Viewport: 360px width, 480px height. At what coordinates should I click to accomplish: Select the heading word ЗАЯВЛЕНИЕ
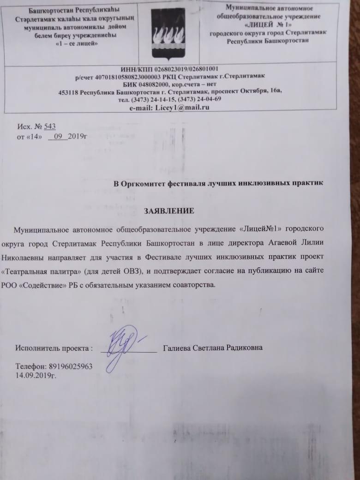click(175, 211)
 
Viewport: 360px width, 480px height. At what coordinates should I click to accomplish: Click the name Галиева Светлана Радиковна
click(213, 348)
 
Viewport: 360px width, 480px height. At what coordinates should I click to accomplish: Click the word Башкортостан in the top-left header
click(48, 9)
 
